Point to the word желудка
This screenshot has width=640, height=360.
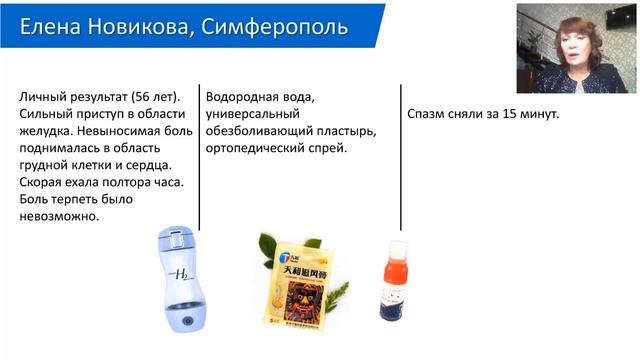45,133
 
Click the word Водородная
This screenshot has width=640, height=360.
245,98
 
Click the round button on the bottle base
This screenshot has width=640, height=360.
188,321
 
